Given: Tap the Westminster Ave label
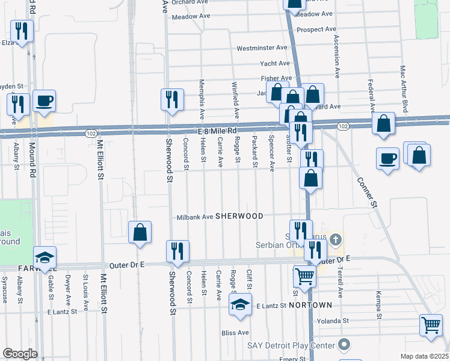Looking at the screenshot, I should pyautogui.click(x=262, y=48).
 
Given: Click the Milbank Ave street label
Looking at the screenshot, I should pyautogui.click(x=195, y=217).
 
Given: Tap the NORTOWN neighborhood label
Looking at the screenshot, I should pyautogui.click(x=310, y=306).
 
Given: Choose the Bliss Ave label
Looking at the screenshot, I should pyautogui.click(x=235, y=332).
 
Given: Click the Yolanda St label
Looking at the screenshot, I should pyautogui.click(x=333, y=321).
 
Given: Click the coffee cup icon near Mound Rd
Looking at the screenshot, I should pyautogui.click(x=44, y=100).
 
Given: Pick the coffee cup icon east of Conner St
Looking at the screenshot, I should pyautogui.click(x=387, y=158).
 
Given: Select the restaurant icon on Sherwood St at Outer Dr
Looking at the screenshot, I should pyautogui.click(x=177, y=250).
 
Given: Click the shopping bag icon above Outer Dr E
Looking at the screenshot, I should pyautogui.click(x=140, y=232).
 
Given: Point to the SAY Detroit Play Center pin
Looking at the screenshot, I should pyautogui.click(x=344, y=345).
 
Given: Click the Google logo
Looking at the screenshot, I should pyautogui.click(x=20, y=354).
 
